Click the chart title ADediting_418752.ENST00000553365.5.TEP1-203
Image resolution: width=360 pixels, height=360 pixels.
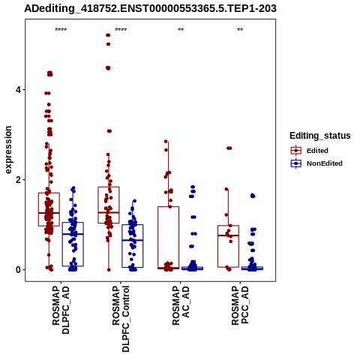click(x=150, y=9)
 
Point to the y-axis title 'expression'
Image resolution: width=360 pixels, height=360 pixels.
click(x=8, y=150)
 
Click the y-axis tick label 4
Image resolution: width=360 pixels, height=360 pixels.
click(x=18, y=90)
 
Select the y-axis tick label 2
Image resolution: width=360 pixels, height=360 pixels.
click(x=18, y=180)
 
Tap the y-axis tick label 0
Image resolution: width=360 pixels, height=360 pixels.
click(x=18, y=270)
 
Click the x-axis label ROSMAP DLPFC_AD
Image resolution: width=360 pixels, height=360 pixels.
click(x=61, y=310)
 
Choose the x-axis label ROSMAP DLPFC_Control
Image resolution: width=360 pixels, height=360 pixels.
click(x=121, y=319)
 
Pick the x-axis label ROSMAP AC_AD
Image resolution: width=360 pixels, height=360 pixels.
click(x=181, y=305)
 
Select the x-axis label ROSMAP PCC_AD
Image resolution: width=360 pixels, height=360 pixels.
click(x=240, y=305)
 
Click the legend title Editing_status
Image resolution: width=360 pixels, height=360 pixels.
click(x=320, y=136)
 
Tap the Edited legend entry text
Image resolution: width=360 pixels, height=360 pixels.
click(x=317, y=151)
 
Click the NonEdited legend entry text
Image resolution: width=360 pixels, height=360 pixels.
click(x=325, y=163)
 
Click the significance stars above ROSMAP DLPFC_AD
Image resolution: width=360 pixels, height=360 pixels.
click(x=61, y=30)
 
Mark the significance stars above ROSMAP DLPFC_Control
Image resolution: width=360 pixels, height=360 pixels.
click(x=121, y=30)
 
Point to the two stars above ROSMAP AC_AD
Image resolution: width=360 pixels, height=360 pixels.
click(x=181, y=30)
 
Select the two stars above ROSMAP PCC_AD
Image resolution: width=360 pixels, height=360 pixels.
click(x=240, y=30)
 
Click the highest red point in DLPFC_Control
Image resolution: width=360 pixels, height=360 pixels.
click(x=108, y=35)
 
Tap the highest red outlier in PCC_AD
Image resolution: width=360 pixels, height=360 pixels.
click(x=229, y=148)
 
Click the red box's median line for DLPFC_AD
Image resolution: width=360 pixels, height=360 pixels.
click(x=49, y=213)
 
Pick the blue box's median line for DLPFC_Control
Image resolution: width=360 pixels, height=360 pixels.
click(x=133, y=240)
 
